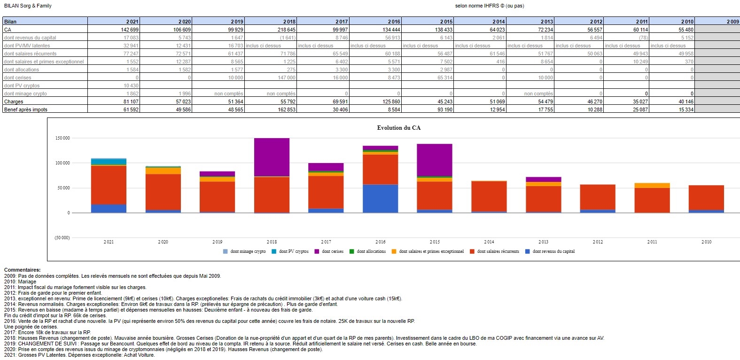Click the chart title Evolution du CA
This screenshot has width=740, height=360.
point(398,128)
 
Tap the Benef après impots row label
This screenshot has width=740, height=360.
point(26,110)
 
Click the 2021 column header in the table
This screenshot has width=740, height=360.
point(132,22)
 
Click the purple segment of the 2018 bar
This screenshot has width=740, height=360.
point(272,157)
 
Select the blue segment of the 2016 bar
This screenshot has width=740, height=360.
point(380,198)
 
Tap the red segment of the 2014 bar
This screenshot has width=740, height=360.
point(489,196)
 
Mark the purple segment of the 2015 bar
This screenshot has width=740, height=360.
point(435,160)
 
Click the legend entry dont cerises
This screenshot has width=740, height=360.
point(332,251)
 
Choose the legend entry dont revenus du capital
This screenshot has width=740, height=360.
point(553,251)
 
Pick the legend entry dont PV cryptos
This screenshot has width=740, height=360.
point(293,251)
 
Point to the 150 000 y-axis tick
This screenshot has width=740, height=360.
point(62,138)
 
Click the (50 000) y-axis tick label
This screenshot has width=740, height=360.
point(62,238)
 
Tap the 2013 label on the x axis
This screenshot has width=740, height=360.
point(543,242)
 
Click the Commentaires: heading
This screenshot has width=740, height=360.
point(22,270)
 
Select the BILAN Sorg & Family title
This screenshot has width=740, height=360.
point(28,6)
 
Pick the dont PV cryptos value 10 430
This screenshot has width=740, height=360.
point(131,86)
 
